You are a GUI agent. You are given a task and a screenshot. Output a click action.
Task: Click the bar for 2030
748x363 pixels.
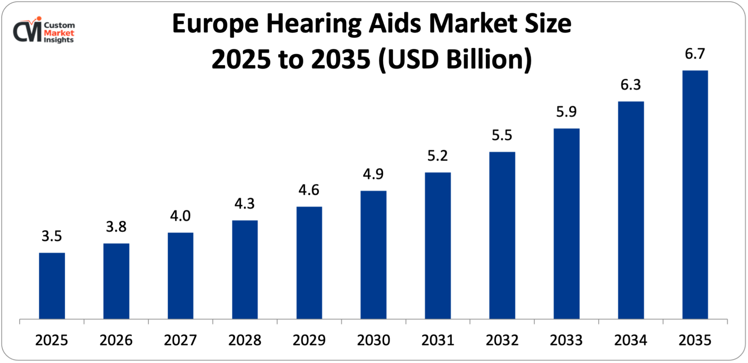point(373,255)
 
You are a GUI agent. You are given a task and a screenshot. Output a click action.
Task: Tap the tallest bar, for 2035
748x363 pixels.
point(695,195)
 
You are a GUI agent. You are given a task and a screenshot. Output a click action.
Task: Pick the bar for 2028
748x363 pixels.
point(245,270)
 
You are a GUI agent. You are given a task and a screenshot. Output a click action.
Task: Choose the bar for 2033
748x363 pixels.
point(566,224)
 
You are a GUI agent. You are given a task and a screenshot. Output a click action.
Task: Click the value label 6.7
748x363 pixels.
point(695,54)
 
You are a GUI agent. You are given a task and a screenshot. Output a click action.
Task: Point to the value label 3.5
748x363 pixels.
point(52,236)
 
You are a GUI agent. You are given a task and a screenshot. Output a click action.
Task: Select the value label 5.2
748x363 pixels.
point(438,155)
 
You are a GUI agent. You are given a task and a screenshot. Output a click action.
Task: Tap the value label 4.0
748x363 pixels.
point(180,216)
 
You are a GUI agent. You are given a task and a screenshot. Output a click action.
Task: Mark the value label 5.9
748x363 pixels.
point(566,112)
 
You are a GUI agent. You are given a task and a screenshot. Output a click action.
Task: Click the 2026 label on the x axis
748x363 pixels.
point(116,340)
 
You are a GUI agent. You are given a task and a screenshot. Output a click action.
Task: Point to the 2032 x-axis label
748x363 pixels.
point(502,340)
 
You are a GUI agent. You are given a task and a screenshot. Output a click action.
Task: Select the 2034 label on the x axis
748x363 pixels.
point(631,340)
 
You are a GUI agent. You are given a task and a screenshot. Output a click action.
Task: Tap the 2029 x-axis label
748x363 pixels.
point(309,340)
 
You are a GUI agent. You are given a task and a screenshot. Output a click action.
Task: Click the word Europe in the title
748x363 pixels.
point(215,24)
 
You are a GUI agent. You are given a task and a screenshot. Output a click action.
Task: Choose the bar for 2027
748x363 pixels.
point(180,276)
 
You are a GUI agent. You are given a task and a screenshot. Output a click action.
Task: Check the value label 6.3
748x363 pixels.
point(631,85)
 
